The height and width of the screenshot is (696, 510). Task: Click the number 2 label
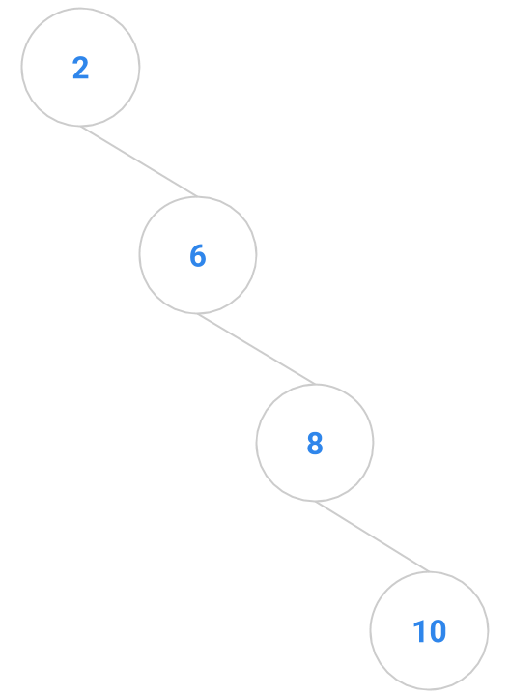point(81,68)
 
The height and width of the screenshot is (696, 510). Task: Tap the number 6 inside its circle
point(198,255)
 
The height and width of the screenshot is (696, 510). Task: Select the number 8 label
point(315,443)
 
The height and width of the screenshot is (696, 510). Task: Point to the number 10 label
point(429,631)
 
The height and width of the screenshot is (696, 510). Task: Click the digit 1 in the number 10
point(419,631)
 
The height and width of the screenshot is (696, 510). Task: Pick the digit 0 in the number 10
point(438,631)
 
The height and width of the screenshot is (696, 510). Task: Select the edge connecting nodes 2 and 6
point(139,161)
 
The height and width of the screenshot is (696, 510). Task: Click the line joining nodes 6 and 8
point(256,348)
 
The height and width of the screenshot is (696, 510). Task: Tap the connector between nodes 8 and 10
point(372,536)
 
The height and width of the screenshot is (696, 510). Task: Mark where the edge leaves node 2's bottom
point(81,126)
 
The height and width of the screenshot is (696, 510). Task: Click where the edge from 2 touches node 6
point(198,196)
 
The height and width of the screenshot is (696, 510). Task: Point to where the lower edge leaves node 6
point(198,313)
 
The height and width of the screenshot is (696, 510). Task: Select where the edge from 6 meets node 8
point(315,385)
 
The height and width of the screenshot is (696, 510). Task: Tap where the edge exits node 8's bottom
point(315,501)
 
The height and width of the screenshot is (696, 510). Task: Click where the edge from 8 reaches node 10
point(429,571)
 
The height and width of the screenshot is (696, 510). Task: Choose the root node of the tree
point(81,67)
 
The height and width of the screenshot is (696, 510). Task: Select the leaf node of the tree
point(429,630)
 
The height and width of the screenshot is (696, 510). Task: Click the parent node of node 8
point(198,255)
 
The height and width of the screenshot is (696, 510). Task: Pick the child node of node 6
point(315,443)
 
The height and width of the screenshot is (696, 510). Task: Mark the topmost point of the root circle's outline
point(81,8)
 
